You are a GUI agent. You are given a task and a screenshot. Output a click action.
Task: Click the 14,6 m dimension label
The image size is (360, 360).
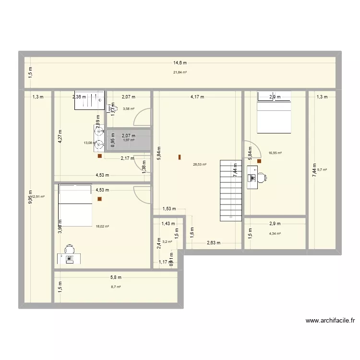click(180, 62)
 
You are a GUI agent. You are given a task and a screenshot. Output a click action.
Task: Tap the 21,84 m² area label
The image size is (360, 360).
click(180, 72)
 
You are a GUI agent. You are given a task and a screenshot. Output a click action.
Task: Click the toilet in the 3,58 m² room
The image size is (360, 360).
click(111, 108)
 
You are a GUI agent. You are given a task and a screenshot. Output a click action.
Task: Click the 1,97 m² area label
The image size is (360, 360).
click(129, 140)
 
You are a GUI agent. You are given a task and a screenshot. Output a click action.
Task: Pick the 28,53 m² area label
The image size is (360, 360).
click(200, 165)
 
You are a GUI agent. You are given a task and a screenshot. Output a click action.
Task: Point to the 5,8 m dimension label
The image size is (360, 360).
click(116, 277)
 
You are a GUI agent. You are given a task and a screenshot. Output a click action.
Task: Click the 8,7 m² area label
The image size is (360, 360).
click(116, 287)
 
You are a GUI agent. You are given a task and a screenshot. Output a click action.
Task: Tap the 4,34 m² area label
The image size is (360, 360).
click(275, 234)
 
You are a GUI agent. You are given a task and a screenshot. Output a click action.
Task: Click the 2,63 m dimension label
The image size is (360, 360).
click(213, 243)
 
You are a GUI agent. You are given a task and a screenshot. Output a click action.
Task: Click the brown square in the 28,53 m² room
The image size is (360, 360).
click(180, 156)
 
